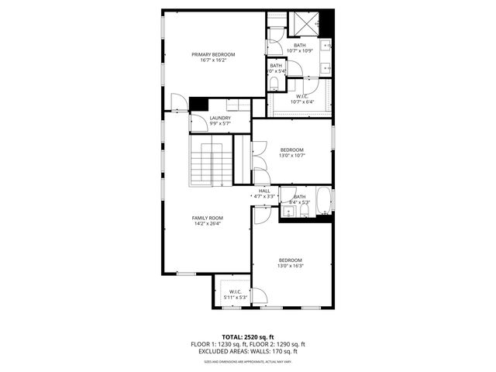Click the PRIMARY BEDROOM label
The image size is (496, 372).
(x=213, y=54)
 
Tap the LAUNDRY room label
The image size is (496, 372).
(x=220, y=118)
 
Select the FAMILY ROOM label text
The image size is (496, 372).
(x=207, y=219)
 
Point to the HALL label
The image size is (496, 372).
(x=264, y=191)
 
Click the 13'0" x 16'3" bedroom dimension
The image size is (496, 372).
(x=291, y=266)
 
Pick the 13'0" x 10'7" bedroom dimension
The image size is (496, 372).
(x=292, y=155)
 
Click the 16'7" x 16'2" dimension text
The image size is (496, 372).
(x=213, y=60)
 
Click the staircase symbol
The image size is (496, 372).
(x=212, y=163)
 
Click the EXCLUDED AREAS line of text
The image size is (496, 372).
(x=247, y=351)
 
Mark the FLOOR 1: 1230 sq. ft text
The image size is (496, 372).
(x=218, y=344)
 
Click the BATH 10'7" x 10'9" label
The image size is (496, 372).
(x=299, y=46)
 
